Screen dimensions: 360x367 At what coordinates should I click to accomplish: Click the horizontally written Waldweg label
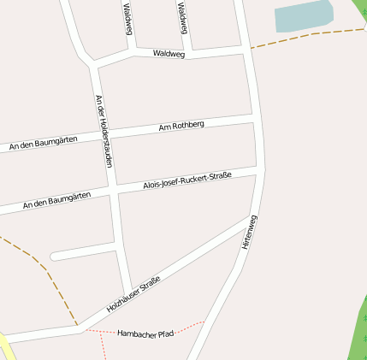(x=169, y=53)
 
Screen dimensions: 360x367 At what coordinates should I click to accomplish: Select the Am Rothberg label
(x=181, y=126)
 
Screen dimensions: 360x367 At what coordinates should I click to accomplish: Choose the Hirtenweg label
(x=249, y=232)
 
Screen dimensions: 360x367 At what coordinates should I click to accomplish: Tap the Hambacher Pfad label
(x=145, y=333)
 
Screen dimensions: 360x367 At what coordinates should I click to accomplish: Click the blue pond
(x=303, y=16)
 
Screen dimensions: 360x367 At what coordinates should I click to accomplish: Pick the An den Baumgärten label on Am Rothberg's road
(x=43, y=143)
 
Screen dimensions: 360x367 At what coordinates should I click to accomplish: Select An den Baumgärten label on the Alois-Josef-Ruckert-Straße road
(x=56, y=202)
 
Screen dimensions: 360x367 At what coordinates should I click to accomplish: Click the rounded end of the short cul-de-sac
(x=55, y=256)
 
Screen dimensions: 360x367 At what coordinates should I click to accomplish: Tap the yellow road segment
(x=7, y=348)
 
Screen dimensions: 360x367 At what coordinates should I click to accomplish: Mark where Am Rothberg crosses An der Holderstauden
(x=108, y=135)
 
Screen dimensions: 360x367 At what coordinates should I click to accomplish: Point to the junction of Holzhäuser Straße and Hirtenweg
(x=249, y=216)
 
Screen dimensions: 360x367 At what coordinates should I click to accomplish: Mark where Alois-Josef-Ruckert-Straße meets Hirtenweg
(x=257, y=171)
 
